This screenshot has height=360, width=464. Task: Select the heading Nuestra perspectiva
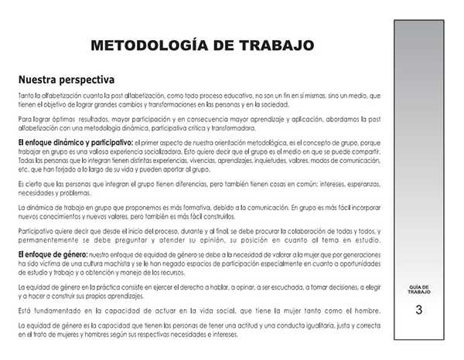pos(67,80)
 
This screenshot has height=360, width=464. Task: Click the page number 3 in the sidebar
pos(418,311)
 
